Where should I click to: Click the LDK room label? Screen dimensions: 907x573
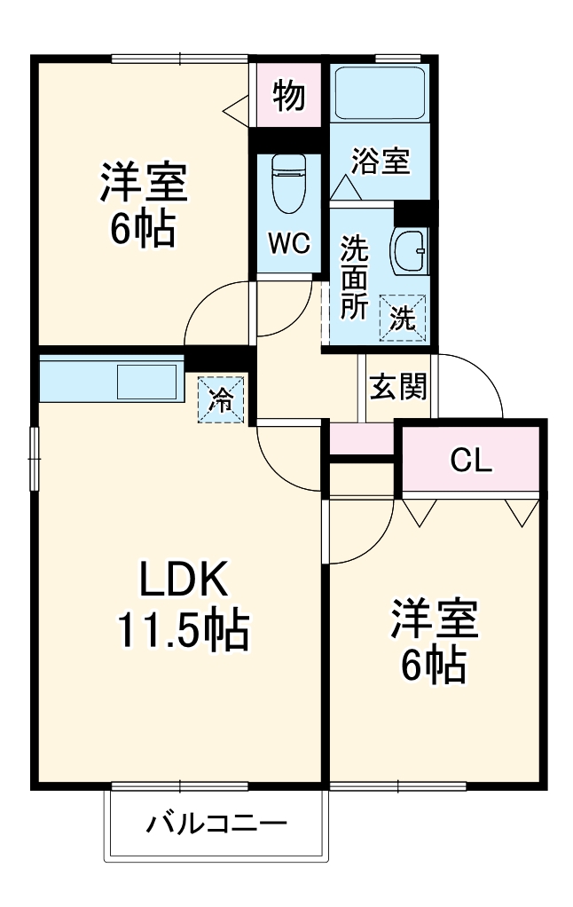[184, 582]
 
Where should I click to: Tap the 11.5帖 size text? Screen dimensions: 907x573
[184, 630]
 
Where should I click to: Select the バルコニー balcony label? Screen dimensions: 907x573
[216, 824]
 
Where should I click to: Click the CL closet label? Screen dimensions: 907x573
[470, 460]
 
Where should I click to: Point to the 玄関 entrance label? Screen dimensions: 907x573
[398, 386]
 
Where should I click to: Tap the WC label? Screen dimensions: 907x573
[289, 244]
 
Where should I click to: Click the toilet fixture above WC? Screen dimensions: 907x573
[287, 183]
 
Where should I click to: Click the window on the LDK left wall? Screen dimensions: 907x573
[35, 458]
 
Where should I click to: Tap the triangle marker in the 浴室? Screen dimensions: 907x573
[345, 189]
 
